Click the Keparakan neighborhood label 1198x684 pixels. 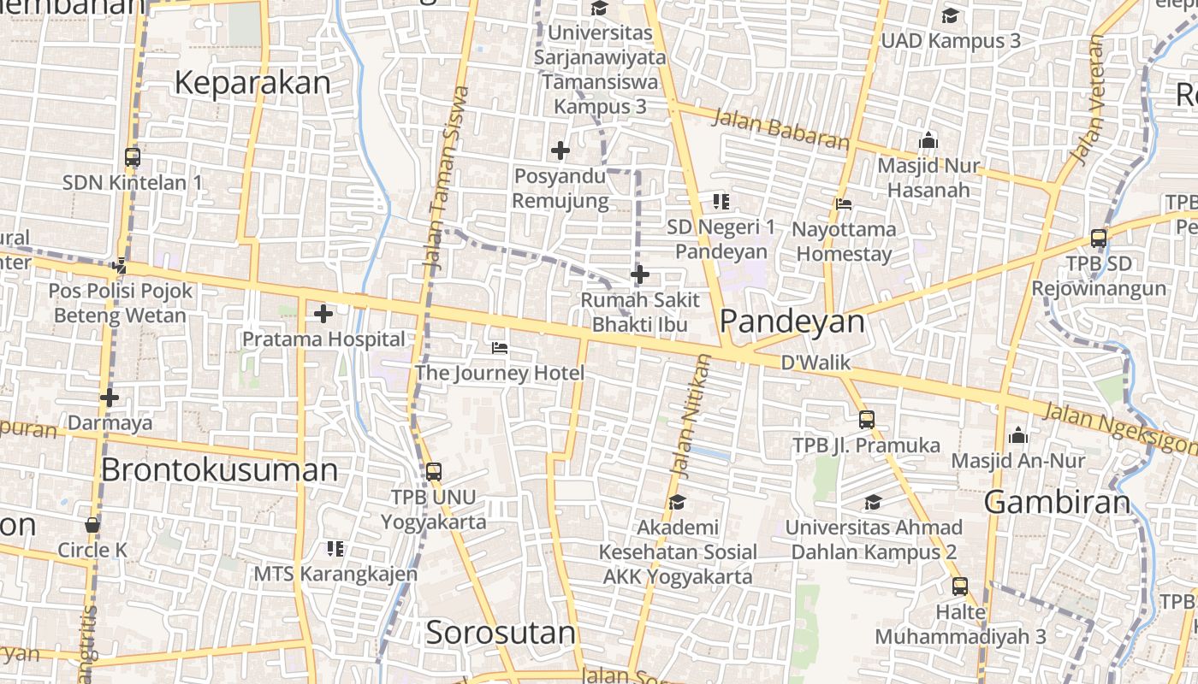[x=252, y=83]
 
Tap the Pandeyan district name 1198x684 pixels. [x=792, y=321]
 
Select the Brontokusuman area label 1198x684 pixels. [x=220, y=470]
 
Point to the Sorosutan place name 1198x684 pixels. [x=501, y=633]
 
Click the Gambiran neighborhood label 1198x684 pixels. [x=1058, y=502]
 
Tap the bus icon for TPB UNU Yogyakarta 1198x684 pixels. [x=434, y=471]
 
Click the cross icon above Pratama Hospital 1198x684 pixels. [x=323, y=314]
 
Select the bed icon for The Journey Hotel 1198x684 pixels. [x=500, y=347]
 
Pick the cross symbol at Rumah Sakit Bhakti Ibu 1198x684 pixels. [x=640, y=274]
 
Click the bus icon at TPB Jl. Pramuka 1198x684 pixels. [x=867, y=419]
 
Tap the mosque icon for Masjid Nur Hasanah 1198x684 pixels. [x=928, y=140]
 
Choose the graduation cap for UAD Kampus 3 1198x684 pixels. [x=950, y=15]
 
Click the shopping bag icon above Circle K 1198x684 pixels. [x=92, y=524]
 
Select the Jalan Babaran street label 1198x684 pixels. [x=780, y=128]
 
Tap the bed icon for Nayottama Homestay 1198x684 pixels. [x=844, y=203]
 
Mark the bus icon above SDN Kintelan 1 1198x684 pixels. [x=133, y=156]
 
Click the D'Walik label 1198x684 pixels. [x=815, y=363]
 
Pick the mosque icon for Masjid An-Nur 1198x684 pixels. [x=1017, y=435]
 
